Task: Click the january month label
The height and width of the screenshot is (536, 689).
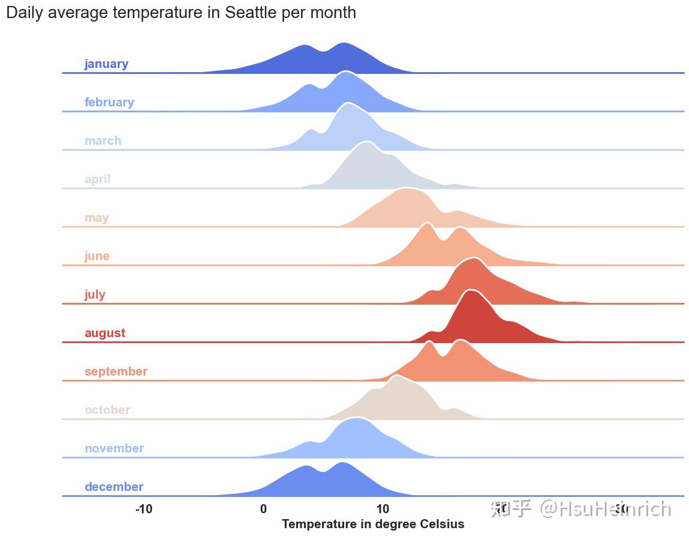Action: pos(106,64)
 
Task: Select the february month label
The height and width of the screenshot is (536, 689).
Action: pos(109,103)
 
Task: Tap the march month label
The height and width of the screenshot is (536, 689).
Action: pos(103,141)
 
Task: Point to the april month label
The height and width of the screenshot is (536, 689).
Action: pos(97,180)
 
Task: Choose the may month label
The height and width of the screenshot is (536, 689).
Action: pos(96,218)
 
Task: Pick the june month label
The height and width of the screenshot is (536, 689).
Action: pos(97,257)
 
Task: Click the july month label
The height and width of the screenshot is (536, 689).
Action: pos(95,295)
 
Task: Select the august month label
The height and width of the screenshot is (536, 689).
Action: pos(105,333)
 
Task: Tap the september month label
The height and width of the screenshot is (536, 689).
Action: pos(116,372)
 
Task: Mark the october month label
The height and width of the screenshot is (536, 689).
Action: pos(107,410)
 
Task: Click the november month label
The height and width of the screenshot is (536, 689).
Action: pos(114,449)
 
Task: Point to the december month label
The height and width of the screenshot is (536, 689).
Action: pos(114,487)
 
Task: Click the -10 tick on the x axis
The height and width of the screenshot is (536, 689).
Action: pos(144,510)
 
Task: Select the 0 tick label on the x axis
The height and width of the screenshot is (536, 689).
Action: pos(263,510)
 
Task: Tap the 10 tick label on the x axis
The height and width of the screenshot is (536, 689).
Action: pos(382,510)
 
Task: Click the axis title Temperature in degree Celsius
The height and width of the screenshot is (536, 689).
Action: pos(372,525)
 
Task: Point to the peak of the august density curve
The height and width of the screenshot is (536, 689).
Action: pos(472,291)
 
